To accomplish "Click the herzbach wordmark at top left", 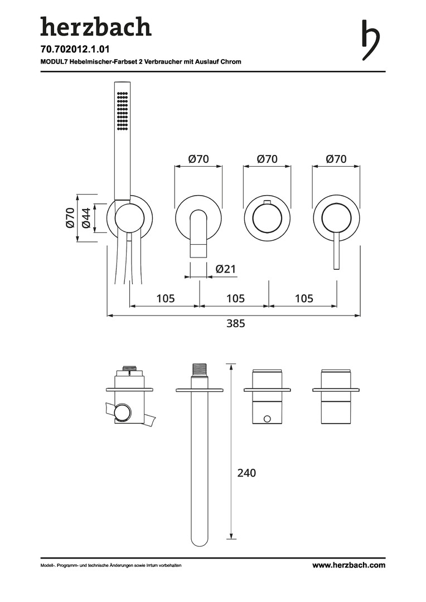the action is (96, 27).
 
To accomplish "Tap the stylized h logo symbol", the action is (371, 40).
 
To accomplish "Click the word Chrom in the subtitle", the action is (231, 61).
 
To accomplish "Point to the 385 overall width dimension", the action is (235, 323).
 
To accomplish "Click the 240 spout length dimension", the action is (246, 473).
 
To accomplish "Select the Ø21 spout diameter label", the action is (226, 269).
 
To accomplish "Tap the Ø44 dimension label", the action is (86, 218).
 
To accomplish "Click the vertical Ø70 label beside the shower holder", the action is (70, 218).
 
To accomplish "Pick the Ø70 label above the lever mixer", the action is (336, 158).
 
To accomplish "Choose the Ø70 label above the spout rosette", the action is (199, 158).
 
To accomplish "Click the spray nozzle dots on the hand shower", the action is (122, 110).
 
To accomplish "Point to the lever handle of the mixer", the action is (336, 250).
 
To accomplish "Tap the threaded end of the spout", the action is (199, 370).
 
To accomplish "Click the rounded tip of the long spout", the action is (199, 542).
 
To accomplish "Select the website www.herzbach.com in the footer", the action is (349, 565).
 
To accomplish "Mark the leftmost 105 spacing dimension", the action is (166, 298).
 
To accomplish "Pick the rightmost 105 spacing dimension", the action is (304, 298).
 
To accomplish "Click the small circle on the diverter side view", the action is (267, 417).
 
